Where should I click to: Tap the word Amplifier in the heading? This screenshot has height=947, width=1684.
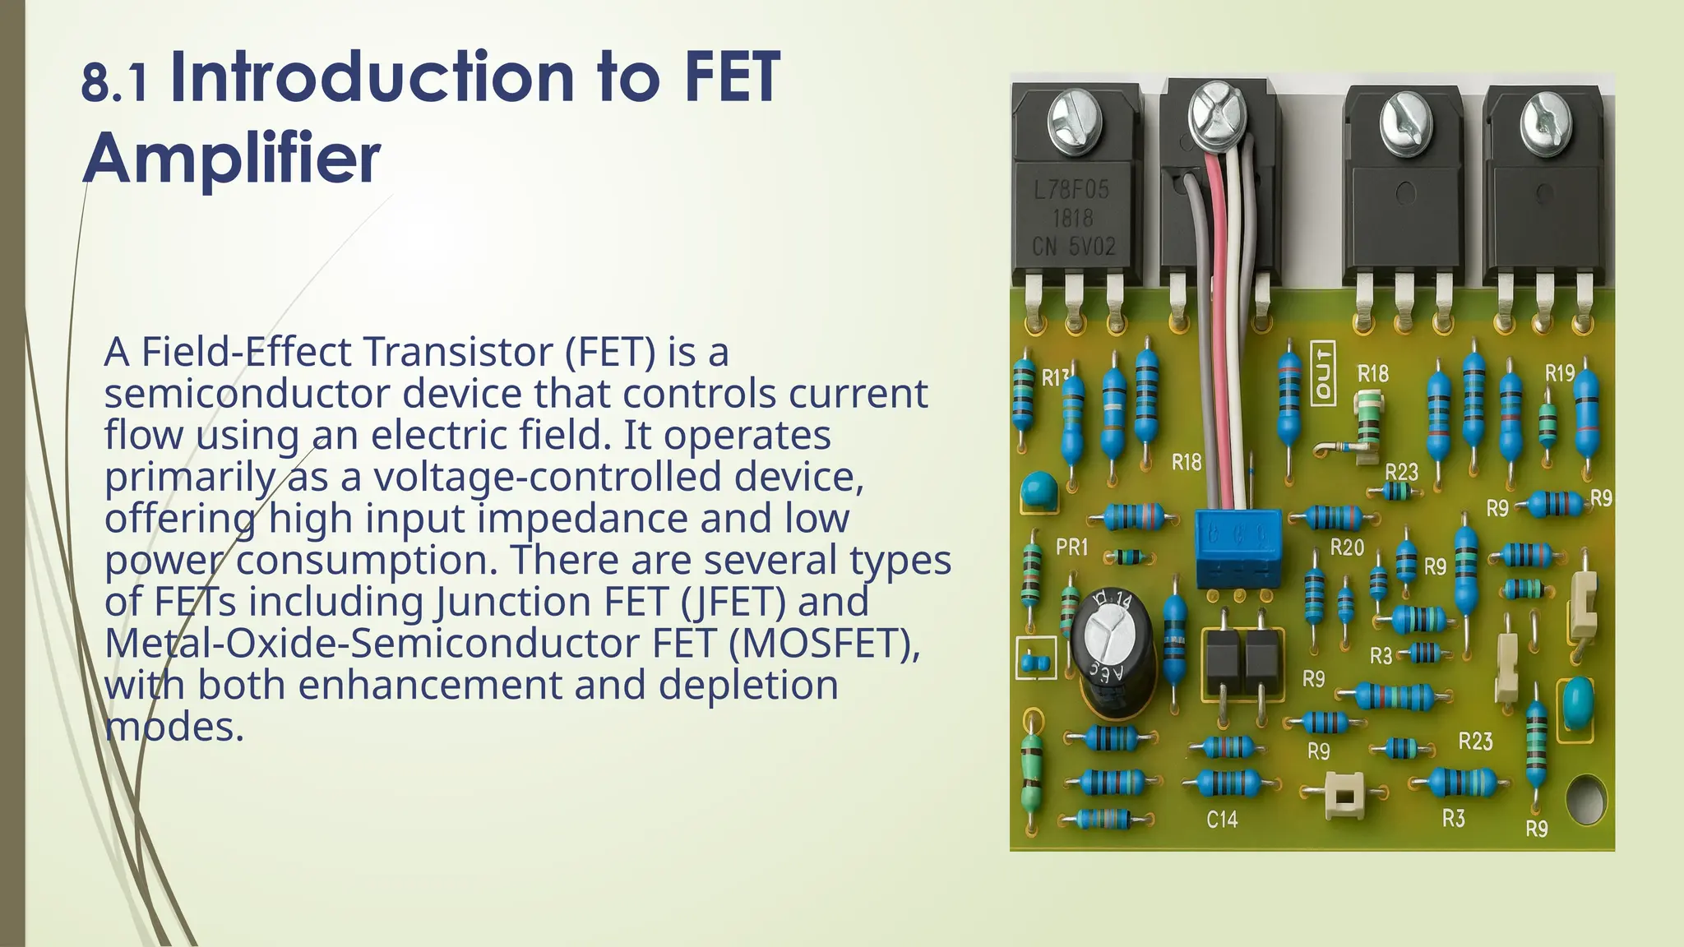pos(232,158)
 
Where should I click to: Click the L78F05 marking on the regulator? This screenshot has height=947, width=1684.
pos(1071,191)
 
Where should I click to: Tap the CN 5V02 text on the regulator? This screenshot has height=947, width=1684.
pos(1074,246)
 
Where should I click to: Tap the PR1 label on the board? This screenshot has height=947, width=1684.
pos(1071,547)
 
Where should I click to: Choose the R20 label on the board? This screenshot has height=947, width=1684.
pos(1347,547)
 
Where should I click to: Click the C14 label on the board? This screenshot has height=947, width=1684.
pos(1222,820)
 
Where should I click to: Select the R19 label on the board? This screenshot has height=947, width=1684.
pos(1559,374)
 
